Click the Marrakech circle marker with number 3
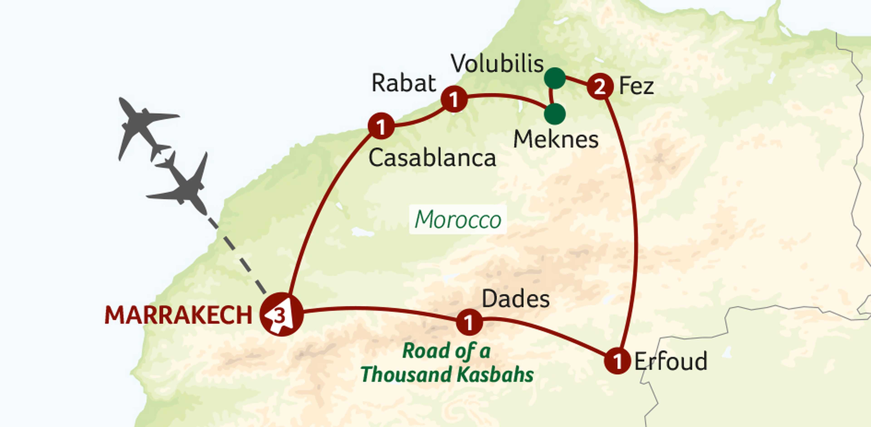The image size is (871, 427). (281, 315)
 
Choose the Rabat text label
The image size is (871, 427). (404, 83)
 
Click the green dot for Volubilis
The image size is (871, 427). (555, 78)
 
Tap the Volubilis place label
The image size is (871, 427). (497, 64)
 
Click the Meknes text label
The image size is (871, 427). (555, 139)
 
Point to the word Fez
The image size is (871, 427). (636, 87)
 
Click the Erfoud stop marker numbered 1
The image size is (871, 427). (617, 361)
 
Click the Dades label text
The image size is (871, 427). (515, 299)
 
